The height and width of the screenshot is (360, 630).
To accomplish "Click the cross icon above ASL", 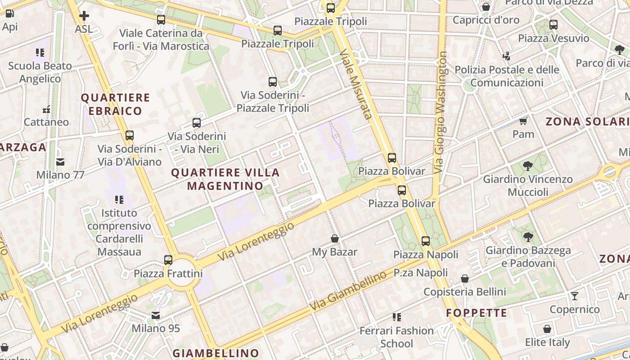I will pyautogui.click(x=84, y=16).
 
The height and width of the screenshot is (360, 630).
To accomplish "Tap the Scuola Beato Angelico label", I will pyautogui.click(x=40, y=72).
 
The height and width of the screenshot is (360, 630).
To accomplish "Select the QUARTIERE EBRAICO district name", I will pyautogui.click(x=115, y=104).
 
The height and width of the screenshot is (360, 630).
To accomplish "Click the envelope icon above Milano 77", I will pyautogui.click(x=60, y=162).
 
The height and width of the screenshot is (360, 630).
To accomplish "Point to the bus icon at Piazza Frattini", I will pyautogui.click(x=168, y=260).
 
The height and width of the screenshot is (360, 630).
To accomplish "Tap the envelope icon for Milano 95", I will pyautogui.click(x=156, y=315).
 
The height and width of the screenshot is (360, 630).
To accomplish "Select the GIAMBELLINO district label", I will pyautogui.click(x=216, y=353).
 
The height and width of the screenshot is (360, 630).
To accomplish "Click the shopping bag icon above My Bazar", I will pyautogui.click(x=335, y=238).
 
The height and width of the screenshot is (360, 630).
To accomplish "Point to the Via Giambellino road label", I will pyautogui.click(x=348, y=290).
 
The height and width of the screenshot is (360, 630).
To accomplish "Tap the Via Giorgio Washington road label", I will pyautogui.click(x=441, y=112).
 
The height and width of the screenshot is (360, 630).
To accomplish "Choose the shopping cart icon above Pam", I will pyautogui.click(x=523, y=121).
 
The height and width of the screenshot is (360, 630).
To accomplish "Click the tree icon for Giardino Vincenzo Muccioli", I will pyautogui.click(x=528, y=166).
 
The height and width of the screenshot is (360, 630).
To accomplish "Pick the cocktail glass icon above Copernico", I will pyautogui.click(x=575, y=296).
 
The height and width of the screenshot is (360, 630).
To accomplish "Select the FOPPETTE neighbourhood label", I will pyautogui.click(x=477, y=313).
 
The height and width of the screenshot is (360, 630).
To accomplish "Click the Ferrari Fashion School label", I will pyautogui.click(x=396, y=337).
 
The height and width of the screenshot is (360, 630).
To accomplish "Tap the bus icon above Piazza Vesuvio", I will pyautogui.click(x=553, y=25).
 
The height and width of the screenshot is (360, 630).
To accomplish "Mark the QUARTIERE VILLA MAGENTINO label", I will pyautogui.click(x=225, y=179).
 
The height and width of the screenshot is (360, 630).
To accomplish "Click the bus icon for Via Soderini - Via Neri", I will pyautogui.click(x=197, y=123).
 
